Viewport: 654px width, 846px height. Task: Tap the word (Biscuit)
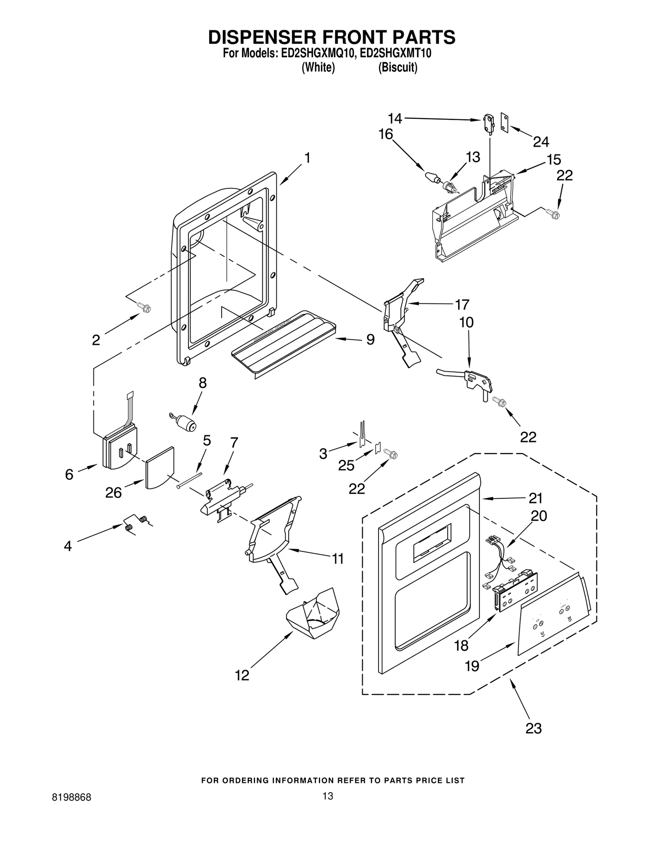(397, 67)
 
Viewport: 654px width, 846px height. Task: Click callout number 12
(242, 675)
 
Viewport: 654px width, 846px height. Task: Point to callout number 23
(533, 728)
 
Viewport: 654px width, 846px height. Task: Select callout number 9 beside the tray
(370, 339)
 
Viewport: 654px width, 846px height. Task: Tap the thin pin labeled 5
(190, 480)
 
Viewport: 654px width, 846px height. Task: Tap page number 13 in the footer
(327, 796)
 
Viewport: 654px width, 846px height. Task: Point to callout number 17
(462, 304)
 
